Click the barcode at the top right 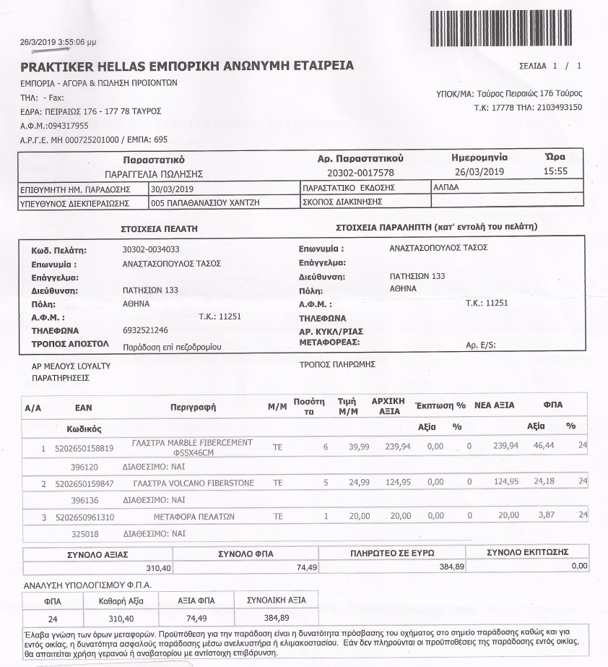505,28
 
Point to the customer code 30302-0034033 151,250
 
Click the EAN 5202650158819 84,448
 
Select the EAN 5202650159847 84,483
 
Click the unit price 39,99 358,447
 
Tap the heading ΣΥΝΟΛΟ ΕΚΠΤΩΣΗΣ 528,552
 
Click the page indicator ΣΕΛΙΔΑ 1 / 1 550,66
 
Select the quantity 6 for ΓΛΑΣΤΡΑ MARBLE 326,448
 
